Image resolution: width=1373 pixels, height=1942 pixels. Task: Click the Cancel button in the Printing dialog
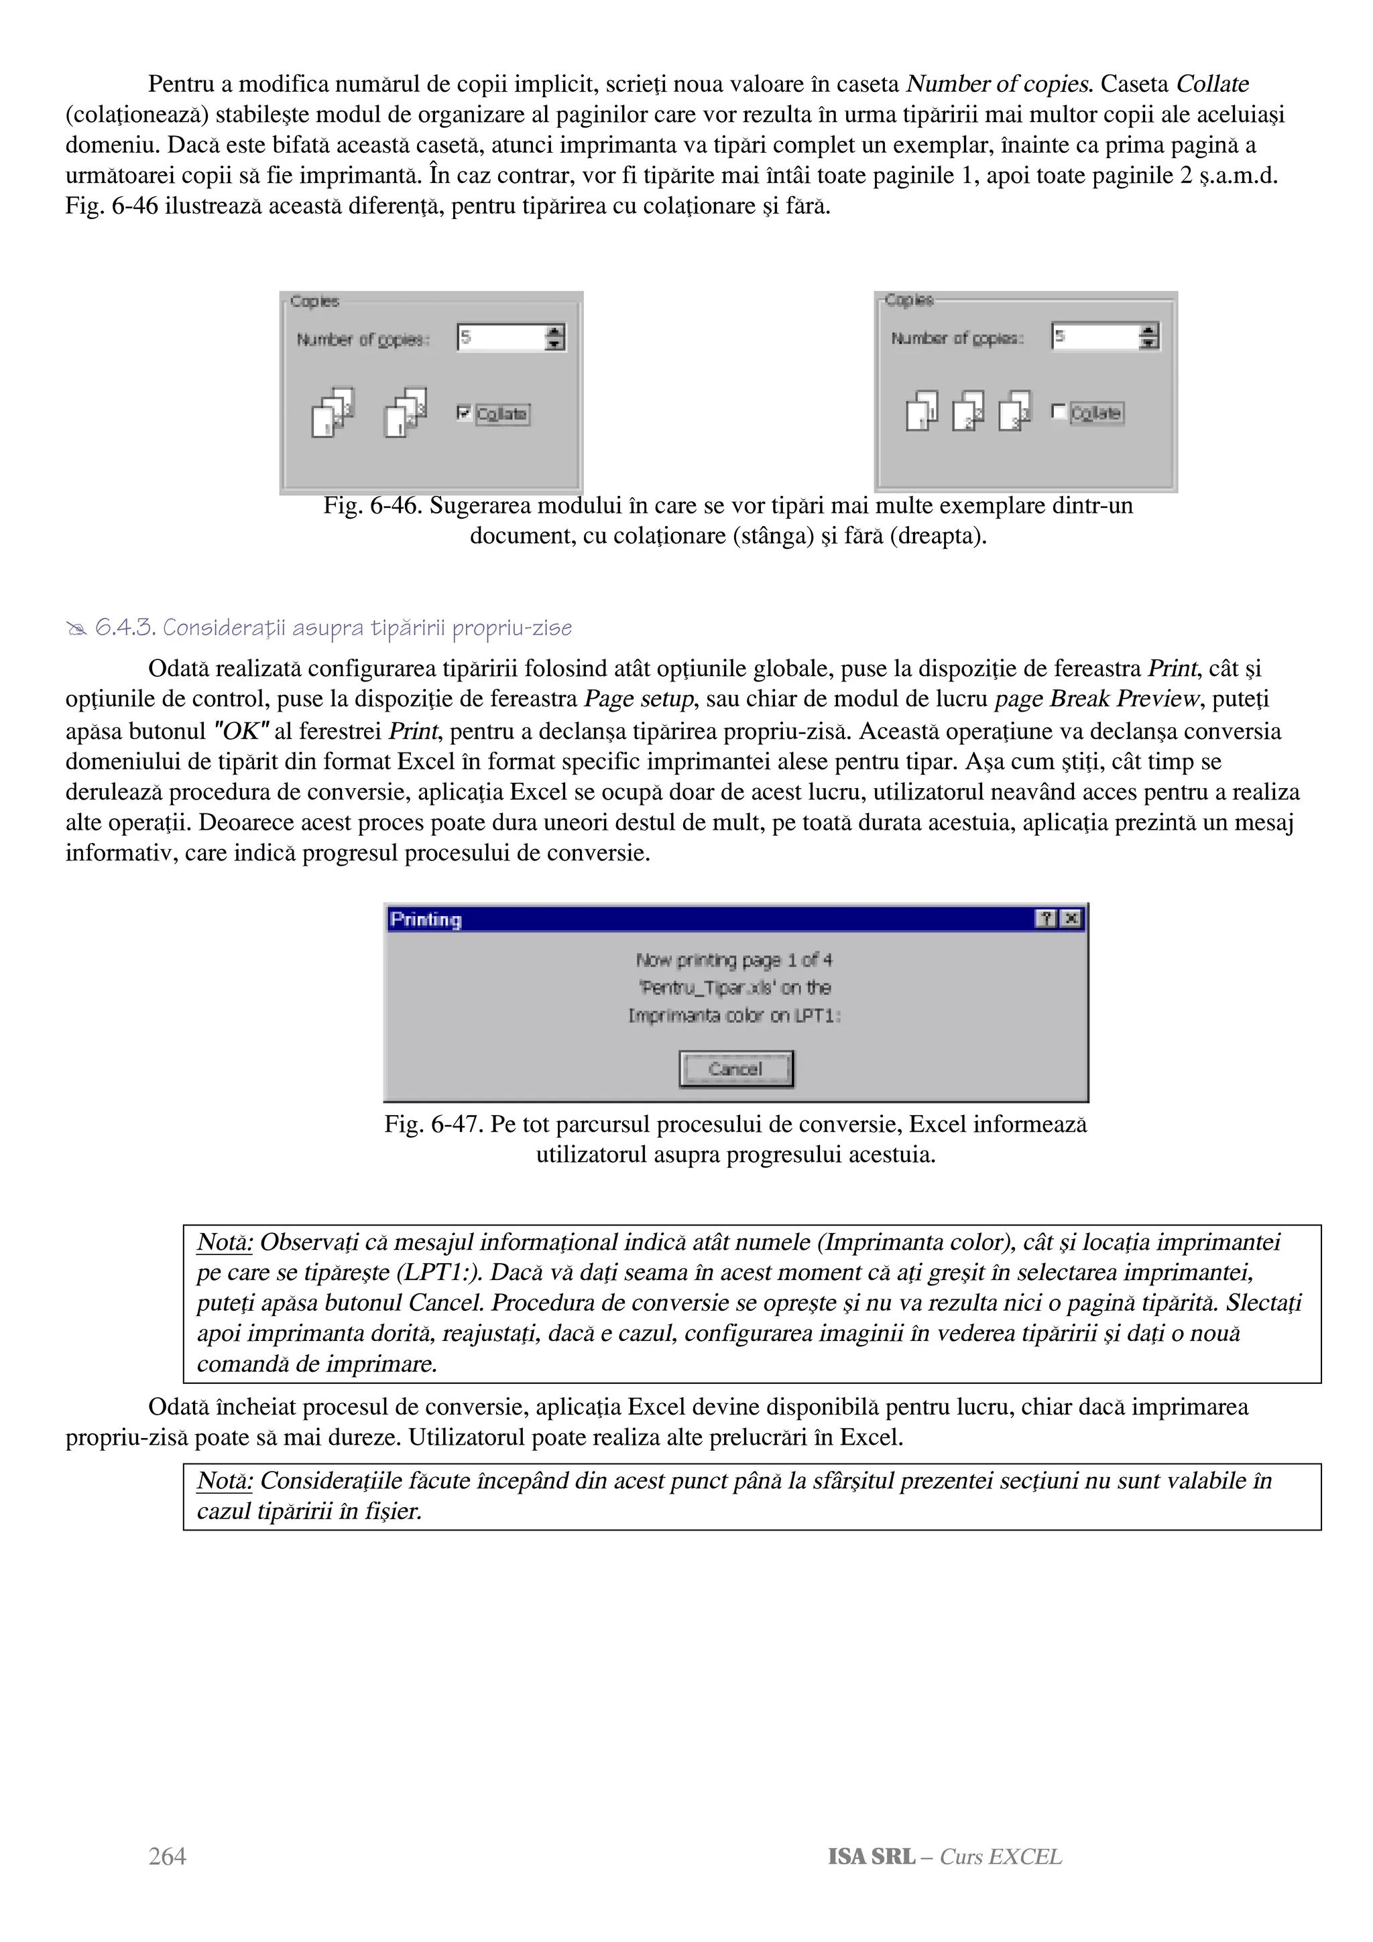click(x=735, y=1069)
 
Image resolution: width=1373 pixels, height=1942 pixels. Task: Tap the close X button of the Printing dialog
click(x=1071, y=919)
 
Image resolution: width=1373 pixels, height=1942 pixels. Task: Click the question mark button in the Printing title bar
click(x=1047, y=919)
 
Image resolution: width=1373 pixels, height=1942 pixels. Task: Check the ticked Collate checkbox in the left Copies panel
click(x=463, y=413)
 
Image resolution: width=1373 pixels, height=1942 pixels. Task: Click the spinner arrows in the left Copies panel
click(x=555, y=338)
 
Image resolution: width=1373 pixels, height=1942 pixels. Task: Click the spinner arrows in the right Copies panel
click(x=1149, y=336)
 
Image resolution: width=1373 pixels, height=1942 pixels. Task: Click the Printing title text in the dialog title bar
click(x=426, y=919)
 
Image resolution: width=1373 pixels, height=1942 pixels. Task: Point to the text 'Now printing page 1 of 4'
click(x=734, y=960)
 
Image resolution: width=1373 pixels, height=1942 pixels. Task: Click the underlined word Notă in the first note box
click(x=224, y=1242)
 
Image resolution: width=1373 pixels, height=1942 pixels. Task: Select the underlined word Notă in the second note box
click(x=224, y=1480)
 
